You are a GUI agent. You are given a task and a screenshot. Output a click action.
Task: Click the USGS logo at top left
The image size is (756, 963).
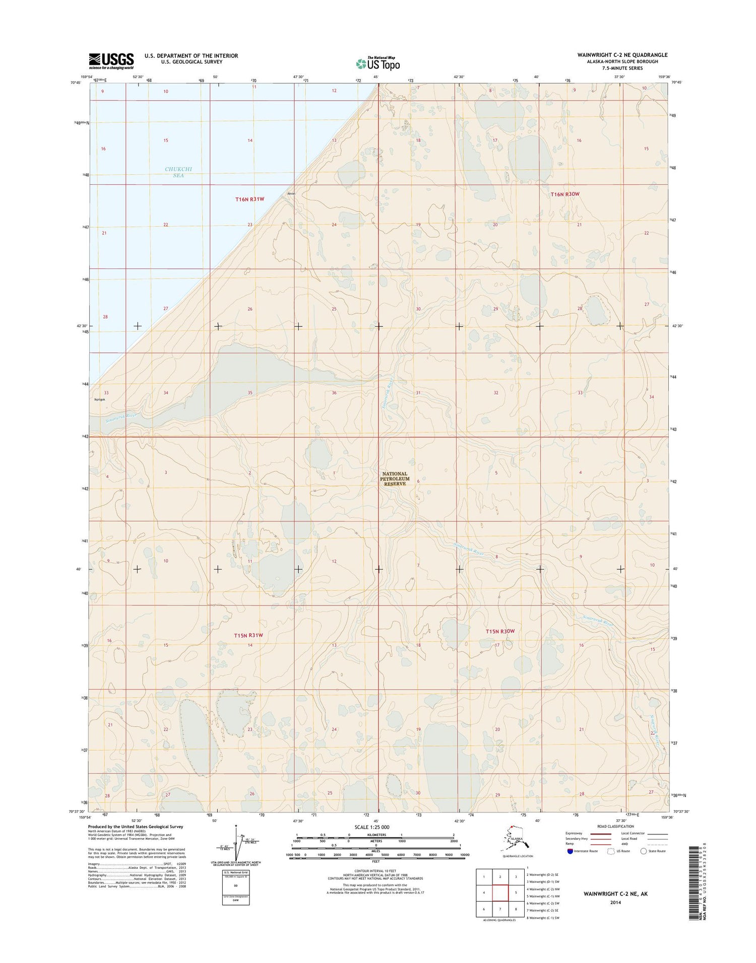(111, 61)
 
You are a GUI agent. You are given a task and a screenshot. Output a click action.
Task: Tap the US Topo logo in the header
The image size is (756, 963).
(378, 63)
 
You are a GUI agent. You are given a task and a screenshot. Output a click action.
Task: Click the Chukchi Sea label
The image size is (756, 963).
(178, 172)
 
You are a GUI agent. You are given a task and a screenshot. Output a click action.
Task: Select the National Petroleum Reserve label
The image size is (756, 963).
(395, 478)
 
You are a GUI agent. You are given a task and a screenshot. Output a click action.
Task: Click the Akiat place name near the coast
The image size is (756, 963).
(291, 193)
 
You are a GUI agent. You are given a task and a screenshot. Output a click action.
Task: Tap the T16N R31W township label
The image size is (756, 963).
(249, 199)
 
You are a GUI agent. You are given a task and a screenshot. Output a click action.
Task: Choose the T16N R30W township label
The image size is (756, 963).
(565, 194)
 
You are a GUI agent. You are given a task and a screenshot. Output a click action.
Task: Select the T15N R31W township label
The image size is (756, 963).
(248, 636)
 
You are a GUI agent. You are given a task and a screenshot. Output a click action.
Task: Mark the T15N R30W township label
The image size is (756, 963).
(500, 631)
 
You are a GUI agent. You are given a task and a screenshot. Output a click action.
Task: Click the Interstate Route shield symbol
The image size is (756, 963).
(570, 851)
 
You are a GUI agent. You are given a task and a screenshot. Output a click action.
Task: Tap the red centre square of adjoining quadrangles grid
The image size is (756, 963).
(500, 893)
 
